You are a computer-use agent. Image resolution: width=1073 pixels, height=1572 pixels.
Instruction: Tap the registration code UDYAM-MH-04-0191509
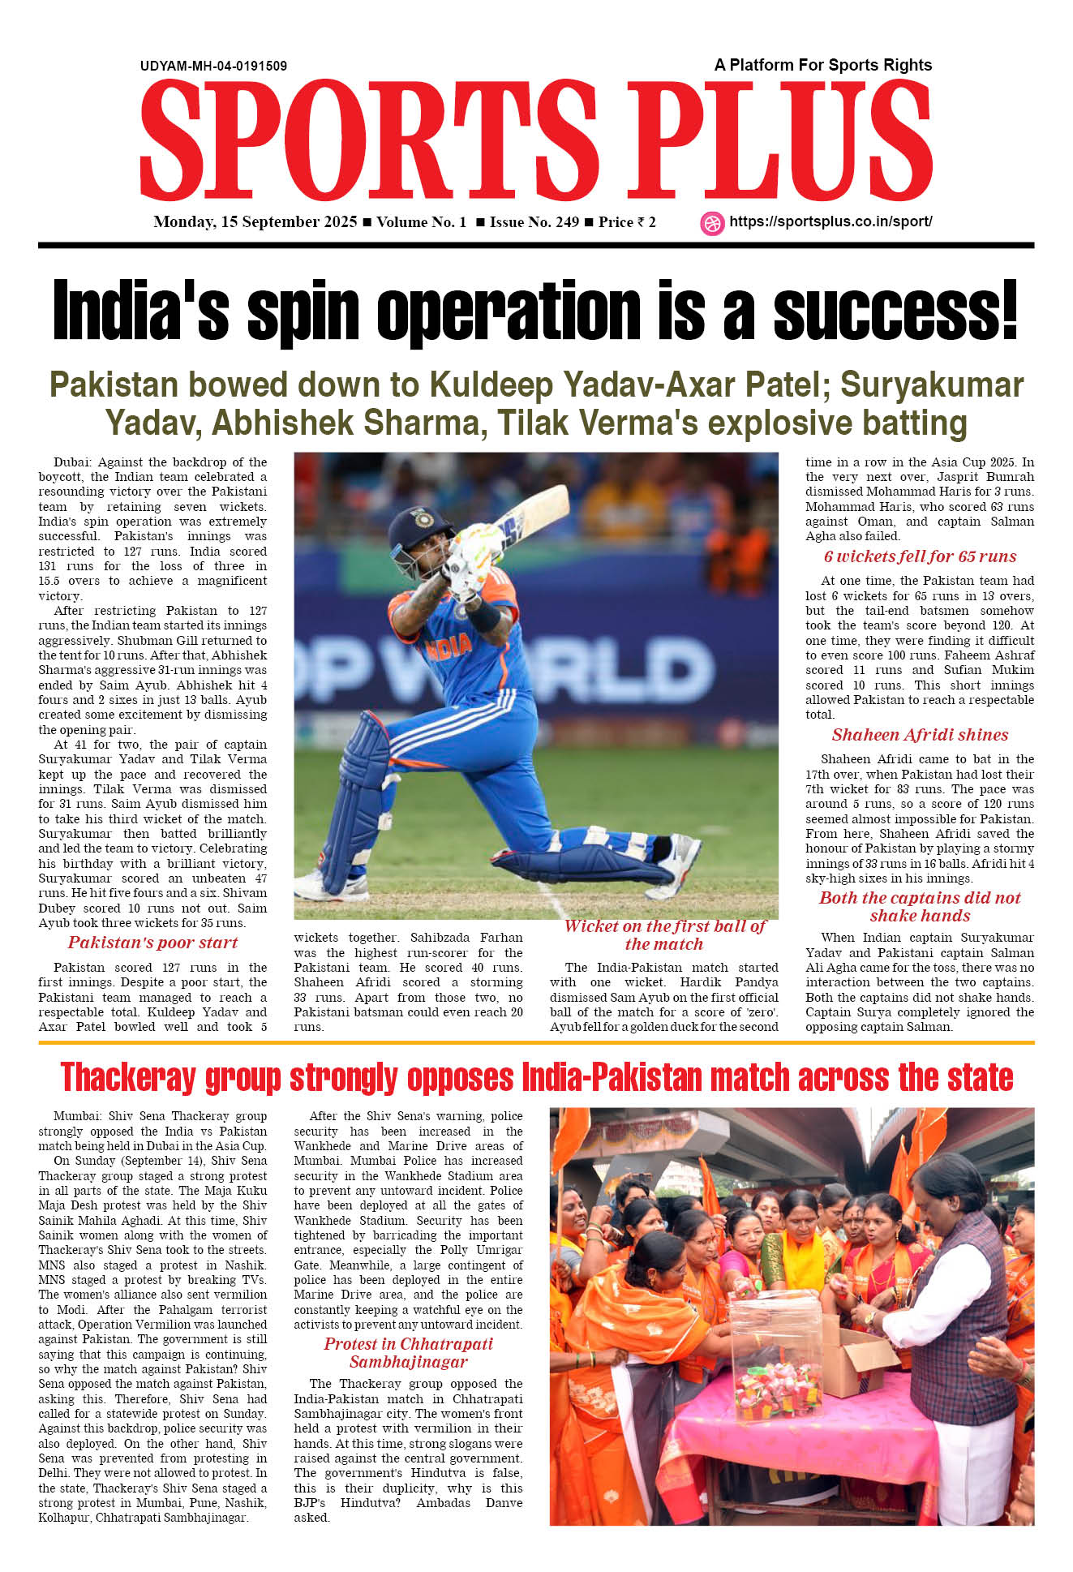pyautogui.click(x=213, y=66)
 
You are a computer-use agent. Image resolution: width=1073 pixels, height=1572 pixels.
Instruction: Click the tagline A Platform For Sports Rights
pyautogui.click(x=822, y=65)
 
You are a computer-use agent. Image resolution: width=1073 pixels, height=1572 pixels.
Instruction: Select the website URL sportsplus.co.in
pyautogui.click(x=831, y=221)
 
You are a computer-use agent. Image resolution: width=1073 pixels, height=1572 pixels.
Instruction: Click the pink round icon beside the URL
pyautogui.click(x=712, y=223)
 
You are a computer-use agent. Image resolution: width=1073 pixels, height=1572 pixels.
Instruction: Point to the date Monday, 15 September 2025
pyautogui.click(x=255, y=222)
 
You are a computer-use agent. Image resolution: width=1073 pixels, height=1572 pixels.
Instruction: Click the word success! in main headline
pyautogui.click(x=895, y=312)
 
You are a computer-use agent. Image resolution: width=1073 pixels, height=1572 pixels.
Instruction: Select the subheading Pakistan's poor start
pyautogui.click(x=152, y=943)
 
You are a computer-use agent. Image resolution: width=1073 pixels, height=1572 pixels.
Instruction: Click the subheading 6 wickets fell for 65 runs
pyautogui.click(x=920, y=556)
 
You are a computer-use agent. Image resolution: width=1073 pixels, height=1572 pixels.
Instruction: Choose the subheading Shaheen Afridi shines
pyautogui.click(x=920, y=735)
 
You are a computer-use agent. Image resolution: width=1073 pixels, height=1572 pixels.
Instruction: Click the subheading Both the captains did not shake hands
pyautogui.click(x=920, y=907)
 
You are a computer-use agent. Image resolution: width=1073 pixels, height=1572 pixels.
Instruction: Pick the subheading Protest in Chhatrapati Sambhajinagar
pyautogui.click(x=408, y=1353)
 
